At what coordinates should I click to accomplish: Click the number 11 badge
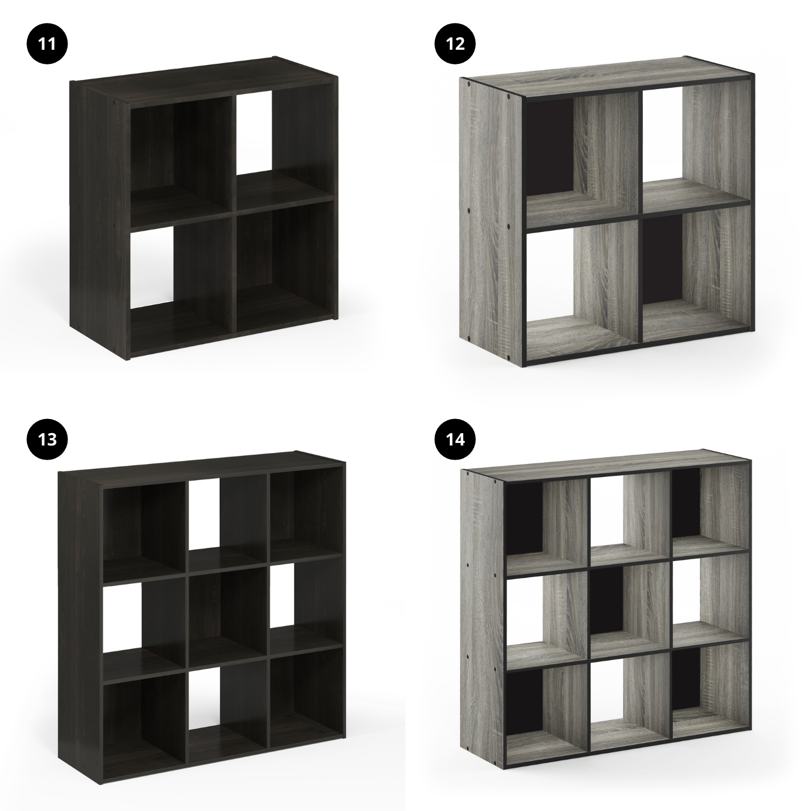[48, 43]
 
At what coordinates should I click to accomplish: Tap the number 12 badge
[456, 43]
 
